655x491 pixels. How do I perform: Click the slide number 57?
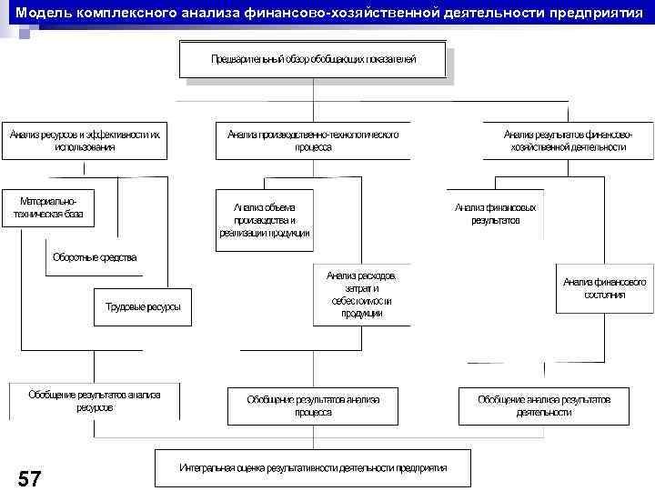coord(29,478)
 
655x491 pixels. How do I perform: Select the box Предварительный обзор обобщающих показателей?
coord(313,59)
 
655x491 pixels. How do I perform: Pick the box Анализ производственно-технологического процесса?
coord(313,140)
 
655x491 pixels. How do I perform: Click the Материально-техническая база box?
coord(48,208)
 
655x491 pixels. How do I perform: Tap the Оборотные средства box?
coord(95,257)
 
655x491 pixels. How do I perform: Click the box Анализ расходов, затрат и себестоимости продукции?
coord(361,294)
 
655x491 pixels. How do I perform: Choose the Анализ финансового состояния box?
coord(605,288)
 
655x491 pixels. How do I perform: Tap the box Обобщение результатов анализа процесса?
coord(313,406)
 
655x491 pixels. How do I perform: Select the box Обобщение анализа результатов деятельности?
coord(544,406)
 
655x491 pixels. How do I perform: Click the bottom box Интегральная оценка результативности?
coord(313,467)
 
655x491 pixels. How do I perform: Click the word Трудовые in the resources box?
coord(123,306)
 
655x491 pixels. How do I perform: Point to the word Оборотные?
coord(76,257)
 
